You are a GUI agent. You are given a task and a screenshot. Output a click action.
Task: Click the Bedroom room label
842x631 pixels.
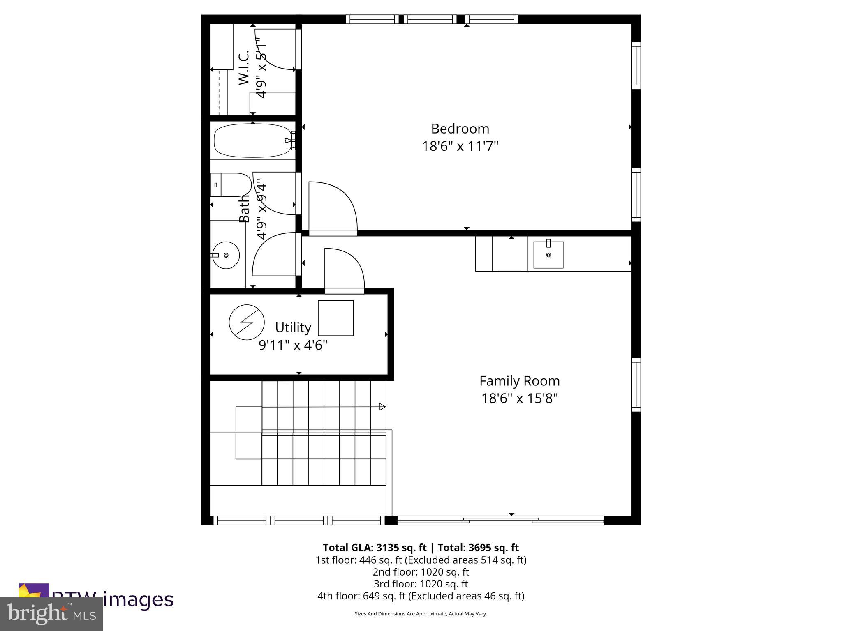460,129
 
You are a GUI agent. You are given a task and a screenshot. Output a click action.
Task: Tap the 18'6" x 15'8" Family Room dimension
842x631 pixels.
519,398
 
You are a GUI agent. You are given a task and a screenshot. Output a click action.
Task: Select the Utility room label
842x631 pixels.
293,327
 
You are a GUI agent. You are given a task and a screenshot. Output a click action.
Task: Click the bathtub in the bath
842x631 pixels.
252,140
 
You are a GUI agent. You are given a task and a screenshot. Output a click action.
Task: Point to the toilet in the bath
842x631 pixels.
231,185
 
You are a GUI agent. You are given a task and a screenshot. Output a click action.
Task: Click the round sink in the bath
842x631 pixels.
226,255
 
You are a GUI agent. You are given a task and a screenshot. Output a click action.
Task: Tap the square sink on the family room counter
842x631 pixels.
548,255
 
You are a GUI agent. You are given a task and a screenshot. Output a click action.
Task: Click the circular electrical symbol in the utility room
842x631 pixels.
246,322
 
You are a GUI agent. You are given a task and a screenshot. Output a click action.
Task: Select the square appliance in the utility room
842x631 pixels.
335,318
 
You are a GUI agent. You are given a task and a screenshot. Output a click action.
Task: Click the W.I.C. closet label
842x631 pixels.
244,68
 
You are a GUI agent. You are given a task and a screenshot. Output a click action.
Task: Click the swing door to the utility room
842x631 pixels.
344,271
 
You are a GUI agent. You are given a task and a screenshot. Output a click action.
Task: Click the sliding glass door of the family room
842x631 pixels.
501,521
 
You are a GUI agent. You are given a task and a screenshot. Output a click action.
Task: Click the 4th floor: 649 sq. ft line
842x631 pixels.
421,596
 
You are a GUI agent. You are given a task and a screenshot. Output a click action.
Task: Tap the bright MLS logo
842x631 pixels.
51,614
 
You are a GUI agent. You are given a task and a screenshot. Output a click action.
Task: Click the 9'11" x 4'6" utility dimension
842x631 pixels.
293,345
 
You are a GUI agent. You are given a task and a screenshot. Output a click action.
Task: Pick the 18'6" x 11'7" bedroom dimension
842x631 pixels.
460,146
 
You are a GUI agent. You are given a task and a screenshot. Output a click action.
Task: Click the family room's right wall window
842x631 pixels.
636,385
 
